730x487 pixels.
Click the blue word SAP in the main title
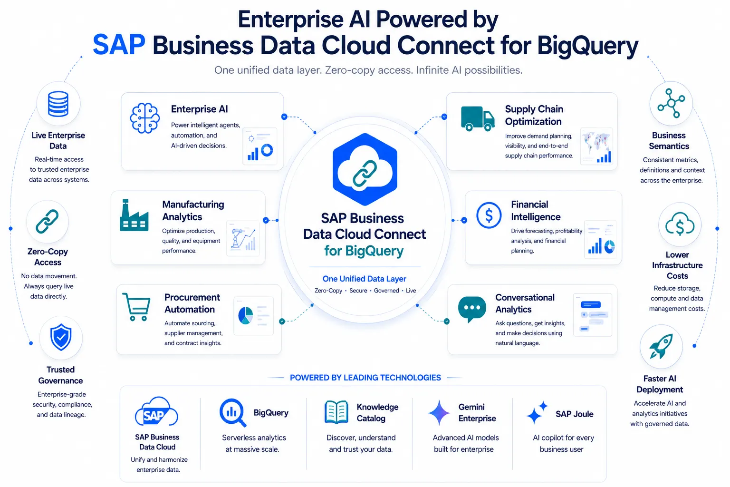coord(119,45)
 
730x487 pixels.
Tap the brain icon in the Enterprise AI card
coord(144,118)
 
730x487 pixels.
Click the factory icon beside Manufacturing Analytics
coord(134,215)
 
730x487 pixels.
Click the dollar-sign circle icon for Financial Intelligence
coord(489,215)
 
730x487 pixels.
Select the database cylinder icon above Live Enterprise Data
coord(58,104)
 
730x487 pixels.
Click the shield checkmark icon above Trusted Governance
coord(61,337)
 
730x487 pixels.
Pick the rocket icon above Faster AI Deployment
coord(661,346)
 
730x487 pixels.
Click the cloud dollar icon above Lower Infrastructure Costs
coord(680,224)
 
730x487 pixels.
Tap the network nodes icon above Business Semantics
coord(671,103)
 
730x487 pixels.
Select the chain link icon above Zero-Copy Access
coord(47,222)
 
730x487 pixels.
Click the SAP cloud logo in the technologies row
coord(156,412)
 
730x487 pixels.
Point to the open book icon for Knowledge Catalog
coord(336,412)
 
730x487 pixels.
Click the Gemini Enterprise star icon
coord(439,413)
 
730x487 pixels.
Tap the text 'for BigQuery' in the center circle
coord(364,251)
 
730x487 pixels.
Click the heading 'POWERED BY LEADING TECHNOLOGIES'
coord(365,378)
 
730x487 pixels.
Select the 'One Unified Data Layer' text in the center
coord(365,279)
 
